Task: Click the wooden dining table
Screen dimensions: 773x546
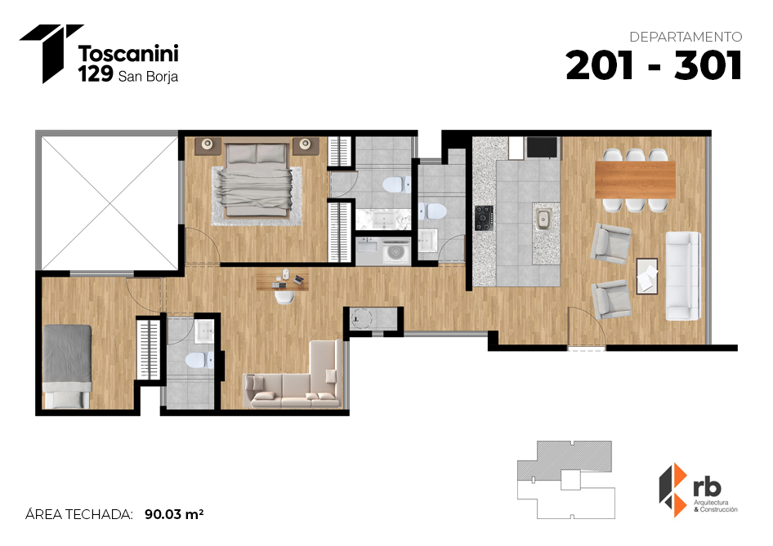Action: tap(635, 180)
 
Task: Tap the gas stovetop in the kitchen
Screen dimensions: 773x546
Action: tap(484, 218)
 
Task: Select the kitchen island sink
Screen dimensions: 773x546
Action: tap(543, 219)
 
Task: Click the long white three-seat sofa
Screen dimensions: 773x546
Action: tap(683, 276)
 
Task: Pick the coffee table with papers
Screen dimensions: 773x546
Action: tap(647, 276)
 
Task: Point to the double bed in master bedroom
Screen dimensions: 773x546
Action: tap(257, 180)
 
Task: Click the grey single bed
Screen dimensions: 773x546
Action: tap(67, 366)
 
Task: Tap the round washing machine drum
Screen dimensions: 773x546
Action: tap(395, 252)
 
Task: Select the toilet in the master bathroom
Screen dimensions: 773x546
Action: tap(396, 184)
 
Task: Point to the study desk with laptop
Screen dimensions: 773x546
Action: tap(283, 280)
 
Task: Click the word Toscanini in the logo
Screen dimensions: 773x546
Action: tap(128, 53)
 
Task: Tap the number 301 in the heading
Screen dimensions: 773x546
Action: tap(708, 66)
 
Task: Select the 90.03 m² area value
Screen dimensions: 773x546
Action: tap(174, 514)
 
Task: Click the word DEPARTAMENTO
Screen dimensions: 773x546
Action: tap(686, 37)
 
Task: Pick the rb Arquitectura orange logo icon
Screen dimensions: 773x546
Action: tap(673, 490)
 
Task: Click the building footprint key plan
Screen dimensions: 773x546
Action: tap(566, 480)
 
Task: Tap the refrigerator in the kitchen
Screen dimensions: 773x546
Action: tap(543, 147)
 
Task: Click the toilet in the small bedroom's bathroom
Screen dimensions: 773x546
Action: tap(199, 360)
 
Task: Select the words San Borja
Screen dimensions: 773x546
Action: tap(149, 77)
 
